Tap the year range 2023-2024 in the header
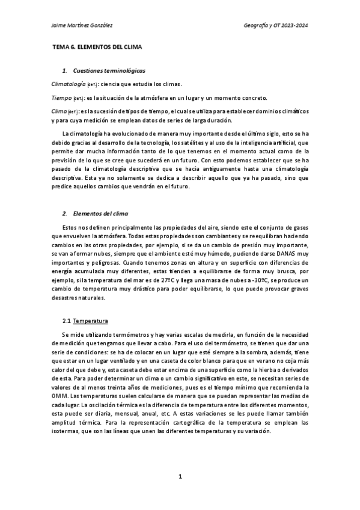point(294,25)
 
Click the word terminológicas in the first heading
point(124,71)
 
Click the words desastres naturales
point(78,298)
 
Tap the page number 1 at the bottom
point(180,476)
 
